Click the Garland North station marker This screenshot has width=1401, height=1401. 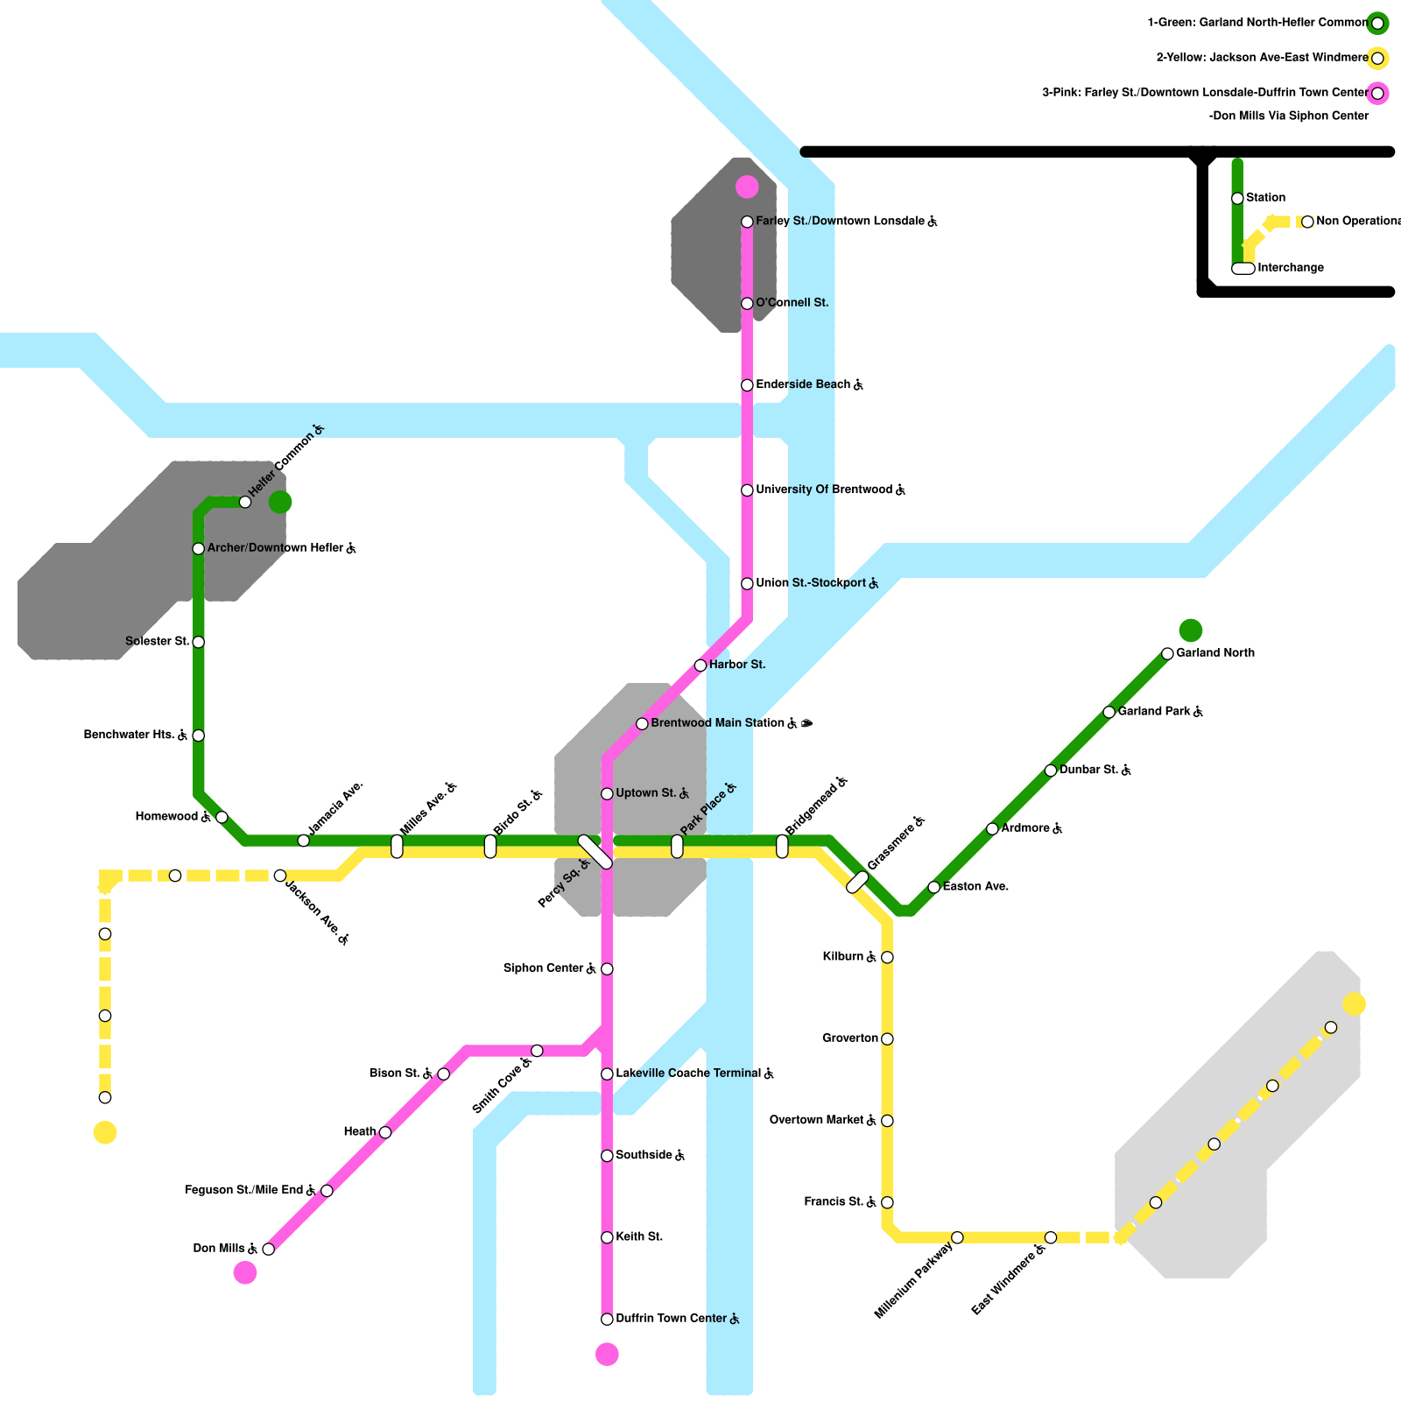[1167, 653]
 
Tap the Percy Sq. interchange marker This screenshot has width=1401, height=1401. [595, 852]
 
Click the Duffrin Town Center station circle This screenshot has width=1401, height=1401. [607, 1319]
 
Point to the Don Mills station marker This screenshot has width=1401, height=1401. [269, 1249]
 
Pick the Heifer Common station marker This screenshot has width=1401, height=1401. [245, 502]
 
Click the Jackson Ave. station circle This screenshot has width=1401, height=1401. [280, 876]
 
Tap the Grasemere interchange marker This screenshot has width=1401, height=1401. [857, 883]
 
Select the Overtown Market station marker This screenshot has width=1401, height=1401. [887, 1121]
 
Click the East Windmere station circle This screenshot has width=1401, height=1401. [1051, 1237]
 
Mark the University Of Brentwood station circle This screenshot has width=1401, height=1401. [747, 490]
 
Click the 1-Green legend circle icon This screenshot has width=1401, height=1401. [1377, 24]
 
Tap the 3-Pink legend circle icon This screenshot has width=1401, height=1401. [1377, 94]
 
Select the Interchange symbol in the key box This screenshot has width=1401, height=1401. [1243, 268]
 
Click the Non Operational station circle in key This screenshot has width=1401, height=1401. [1307, 222]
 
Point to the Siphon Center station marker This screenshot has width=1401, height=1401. [607, 968]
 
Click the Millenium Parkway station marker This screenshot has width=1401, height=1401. [957, 1237]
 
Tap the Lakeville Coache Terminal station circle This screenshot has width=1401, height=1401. [607, 1074]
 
